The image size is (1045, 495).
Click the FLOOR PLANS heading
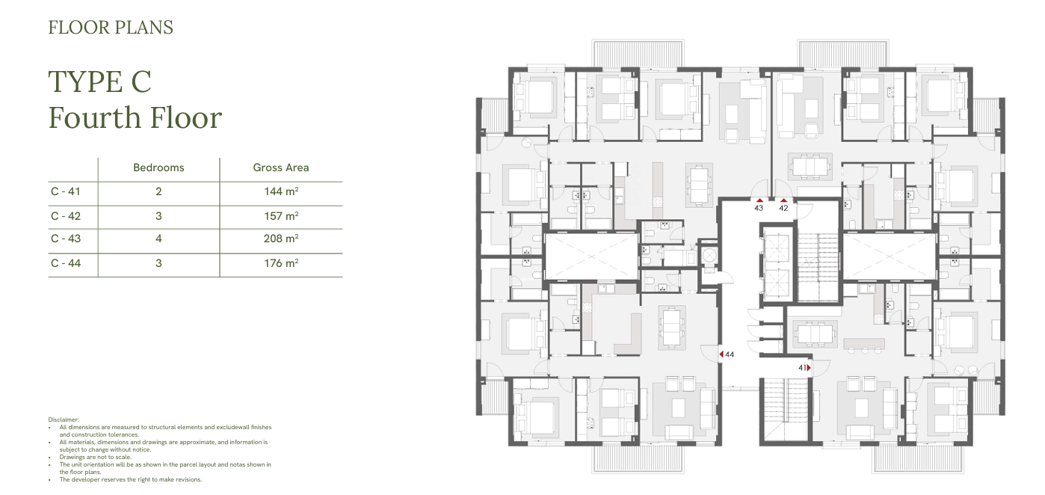point(111,28)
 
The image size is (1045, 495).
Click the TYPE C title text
point(100,82)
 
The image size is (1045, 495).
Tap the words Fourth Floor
point(135,117)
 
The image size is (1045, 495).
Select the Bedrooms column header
point(158,167)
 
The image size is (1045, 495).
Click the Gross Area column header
point(281,167)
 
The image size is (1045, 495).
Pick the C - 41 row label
point(66,191)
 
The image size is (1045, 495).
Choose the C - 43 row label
point(66,239)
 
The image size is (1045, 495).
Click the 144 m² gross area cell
point(281,191)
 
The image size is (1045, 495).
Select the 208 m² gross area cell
point(281,239)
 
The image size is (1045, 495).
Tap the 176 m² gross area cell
point(281,263)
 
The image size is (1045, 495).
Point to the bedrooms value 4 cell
point(158,239)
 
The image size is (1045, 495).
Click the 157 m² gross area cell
point(281,216)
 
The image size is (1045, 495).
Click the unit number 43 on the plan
point(759,208)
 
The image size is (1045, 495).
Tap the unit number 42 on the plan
point(783,208)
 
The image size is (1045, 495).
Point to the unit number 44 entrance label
point(730,355)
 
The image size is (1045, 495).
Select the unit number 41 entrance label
point(802,368)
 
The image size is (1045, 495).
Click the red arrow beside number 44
point(721,354)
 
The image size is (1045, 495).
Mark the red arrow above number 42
point(783,200)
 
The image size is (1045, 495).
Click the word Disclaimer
point(64,420)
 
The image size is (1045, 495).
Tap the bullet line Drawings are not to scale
point(95,457)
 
